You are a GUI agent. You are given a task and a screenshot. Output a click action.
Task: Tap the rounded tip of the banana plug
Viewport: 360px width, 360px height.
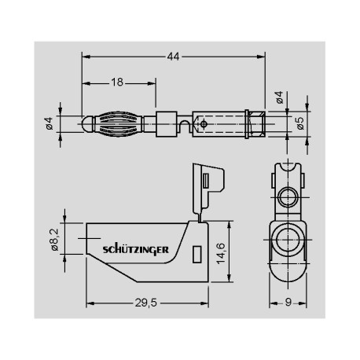(86, 124)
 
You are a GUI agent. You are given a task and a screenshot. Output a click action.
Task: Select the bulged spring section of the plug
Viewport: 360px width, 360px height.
(119, 124)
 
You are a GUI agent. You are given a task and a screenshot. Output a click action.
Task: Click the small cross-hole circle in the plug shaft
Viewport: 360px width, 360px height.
(204, 123)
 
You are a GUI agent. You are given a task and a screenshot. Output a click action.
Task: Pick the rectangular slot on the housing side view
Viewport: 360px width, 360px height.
(197, 253)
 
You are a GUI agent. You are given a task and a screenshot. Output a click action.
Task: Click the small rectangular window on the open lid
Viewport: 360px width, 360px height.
(206, 182)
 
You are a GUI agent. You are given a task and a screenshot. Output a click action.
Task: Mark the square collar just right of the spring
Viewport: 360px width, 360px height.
(165, 123)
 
